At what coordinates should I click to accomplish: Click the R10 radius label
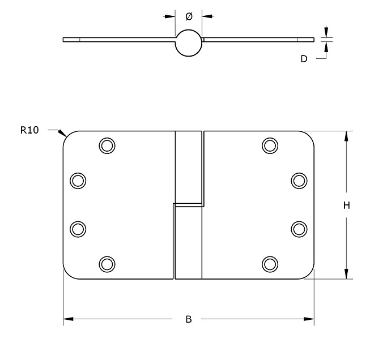[x=29, y=130]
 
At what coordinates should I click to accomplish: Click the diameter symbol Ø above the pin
[x=189, y=16]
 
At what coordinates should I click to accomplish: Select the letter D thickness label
[x=304, y=58]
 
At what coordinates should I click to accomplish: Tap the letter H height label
[x=346, y=205]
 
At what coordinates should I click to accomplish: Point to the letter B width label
[x=189, y=320]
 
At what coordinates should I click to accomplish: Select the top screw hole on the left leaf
[x=106, y=145]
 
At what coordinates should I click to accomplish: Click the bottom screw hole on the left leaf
[x=106, y=264]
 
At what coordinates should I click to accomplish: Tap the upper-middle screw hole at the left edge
[x=78, y=181]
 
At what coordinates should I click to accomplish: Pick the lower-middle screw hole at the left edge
[x=78, y=229]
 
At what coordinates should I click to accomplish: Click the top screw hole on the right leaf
[x=270, y=145]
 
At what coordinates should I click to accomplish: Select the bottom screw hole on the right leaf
[x=270, y=264]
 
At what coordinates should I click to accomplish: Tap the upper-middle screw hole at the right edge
[x=299, y=181]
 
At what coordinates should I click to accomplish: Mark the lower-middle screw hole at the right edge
[x=299, y=229]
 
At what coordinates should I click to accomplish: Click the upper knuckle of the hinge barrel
[x=189, y=166]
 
